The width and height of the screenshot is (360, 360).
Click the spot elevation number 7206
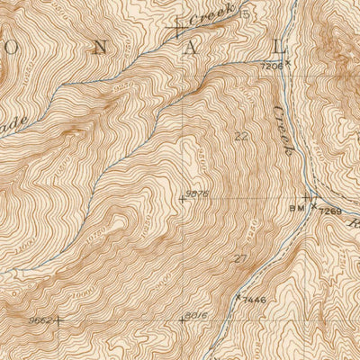pyautogui.click(x=272, y=66)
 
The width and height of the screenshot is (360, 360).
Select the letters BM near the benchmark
pyautogui.click(x=297, y=209)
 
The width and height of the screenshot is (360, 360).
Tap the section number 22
pyautogui.click(x=240, y=137)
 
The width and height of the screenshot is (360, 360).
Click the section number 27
pyautogui.click(x=239, y=259)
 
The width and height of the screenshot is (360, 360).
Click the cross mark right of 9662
pyautogui.click(x=61, y=319)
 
